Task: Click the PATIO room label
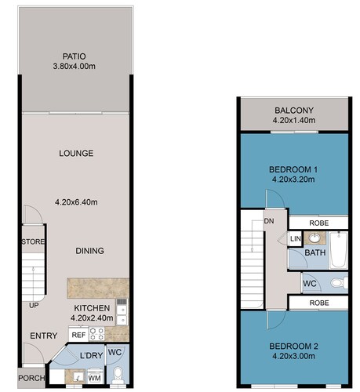coord(75,56)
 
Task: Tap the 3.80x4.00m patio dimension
coord(75,67)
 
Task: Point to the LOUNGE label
coord(76,154)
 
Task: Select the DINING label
coord(89,251)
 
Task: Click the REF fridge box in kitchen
coord(78,335)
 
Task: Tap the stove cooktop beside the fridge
coord(97,334)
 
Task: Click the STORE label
coord(33,241)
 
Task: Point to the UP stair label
coord(34,305)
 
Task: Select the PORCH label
coord(31,378)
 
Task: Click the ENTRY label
coord(44,336)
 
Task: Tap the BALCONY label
coord(294,111)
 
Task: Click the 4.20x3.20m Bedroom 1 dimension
coord(293,180)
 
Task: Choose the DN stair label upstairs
coord(269,221)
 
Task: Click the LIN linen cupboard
coord(296,238)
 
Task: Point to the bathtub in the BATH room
coord(338,250)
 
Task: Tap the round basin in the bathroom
coord(315,238)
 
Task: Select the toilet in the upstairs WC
coord(340,283)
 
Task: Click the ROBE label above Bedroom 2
coord(319,303)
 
